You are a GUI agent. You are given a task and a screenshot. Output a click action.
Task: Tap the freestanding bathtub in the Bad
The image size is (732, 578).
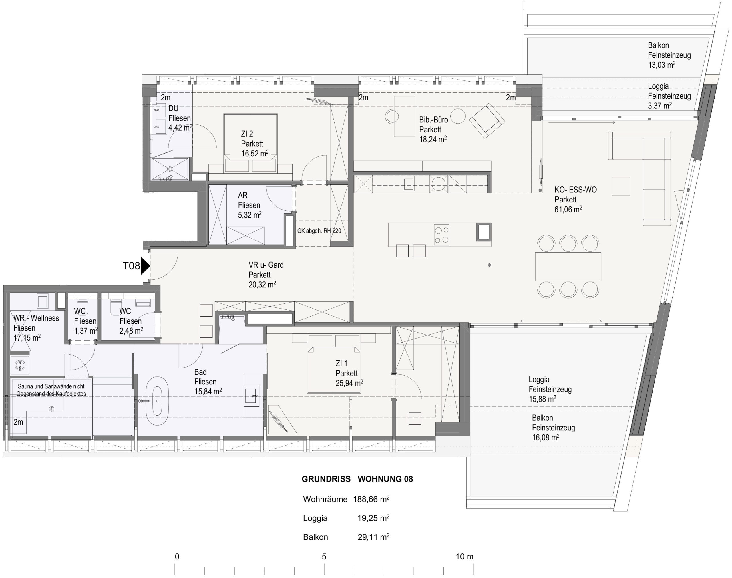[157, 401]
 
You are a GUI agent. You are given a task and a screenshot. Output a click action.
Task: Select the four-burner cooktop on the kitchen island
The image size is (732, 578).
[442, 235]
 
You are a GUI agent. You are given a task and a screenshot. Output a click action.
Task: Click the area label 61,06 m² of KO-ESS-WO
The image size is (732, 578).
[568, 209]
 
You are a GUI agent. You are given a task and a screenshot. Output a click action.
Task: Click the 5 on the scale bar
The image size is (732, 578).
[324, 556]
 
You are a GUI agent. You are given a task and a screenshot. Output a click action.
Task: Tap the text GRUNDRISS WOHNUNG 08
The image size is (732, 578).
[357, 479]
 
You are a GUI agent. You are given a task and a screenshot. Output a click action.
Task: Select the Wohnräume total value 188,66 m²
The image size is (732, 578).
[371, 499]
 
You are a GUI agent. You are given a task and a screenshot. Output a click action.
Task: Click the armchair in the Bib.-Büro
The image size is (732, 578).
[487, 120]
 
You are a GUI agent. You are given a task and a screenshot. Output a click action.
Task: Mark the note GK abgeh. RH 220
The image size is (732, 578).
[319, 231]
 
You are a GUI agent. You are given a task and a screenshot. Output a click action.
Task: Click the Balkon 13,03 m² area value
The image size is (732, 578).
[662, 65]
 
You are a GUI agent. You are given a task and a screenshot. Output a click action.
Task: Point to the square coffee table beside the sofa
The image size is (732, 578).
[621, 186]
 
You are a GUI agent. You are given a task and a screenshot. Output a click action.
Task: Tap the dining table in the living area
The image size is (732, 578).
[568, 266]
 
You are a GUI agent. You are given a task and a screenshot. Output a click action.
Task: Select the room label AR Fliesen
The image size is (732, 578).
[249, 200]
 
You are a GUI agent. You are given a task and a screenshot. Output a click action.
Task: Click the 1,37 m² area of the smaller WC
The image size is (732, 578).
[86, 331]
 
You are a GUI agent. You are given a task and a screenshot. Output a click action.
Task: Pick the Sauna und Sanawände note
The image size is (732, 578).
[51, 390]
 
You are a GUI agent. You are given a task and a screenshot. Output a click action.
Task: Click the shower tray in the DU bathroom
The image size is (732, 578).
[170, 169]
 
